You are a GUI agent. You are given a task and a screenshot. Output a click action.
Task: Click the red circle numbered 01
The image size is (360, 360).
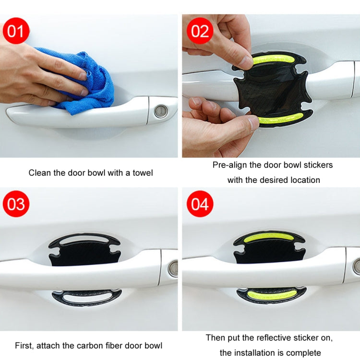coord(16,31)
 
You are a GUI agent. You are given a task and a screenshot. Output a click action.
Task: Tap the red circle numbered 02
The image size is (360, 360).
coord(200,31)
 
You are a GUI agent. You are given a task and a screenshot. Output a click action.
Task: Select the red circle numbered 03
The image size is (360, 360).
coord(16,204)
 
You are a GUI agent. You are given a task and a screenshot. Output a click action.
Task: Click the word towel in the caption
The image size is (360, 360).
coord(142,172)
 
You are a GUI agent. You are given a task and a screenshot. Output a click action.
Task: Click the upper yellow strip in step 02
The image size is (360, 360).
coord(274,60)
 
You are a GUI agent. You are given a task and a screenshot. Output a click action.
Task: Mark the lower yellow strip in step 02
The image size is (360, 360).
coord(281,118)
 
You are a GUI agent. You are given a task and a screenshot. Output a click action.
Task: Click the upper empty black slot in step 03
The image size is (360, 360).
coord(84,239)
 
